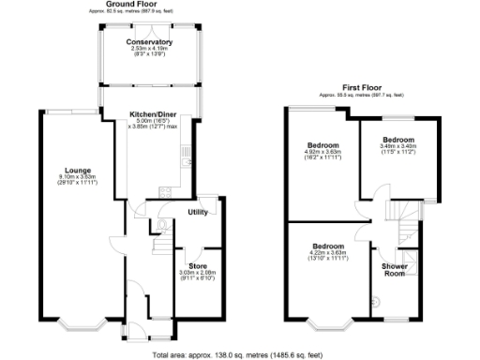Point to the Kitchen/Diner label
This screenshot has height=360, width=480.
(x=152, y=113)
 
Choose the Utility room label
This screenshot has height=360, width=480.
(x=198, y=213)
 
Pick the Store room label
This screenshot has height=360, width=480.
(x=197, y=252)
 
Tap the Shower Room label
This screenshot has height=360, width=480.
(x=394, y=269)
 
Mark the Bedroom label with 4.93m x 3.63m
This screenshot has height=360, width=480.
(x=322, y=145)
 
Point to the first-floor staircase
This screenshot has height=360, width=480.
(x=407, y=225)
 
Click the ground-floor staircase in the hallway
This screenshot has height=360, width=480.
(x=160, y=246)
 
